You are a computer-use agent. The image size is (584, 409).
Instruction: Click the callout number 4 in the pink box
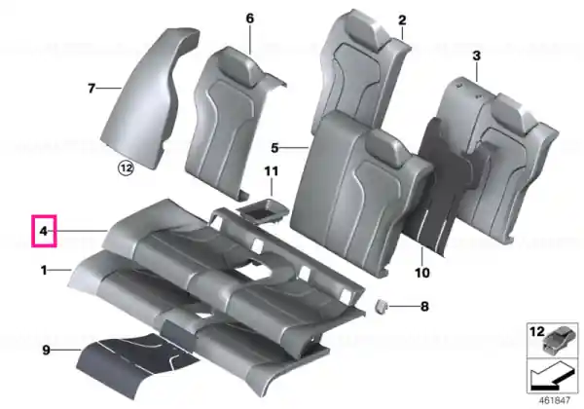[44, 231]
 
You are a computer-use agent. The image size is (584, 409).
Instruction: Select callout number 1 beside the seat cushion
[44, 270]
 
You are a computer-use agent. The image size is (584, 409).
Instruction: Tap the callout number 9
[46, 351]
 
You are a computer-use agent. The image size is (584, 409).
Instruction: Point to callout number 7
[91, 89]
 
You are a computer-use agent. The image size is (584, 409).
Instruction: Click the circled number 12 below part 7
[126, 168]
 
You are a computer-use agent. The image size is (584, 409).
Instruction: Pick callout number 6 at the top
[250, 19]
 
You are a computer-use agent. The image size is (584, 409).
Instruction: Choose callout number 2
[402, 20]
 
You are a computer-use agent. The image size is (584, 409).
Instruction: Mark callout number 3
[476, 56]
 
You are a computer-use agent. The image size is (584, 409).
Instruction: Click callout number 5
[274, 148]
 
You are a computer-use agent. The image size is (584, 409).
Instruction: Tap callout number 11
[272, 171]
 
